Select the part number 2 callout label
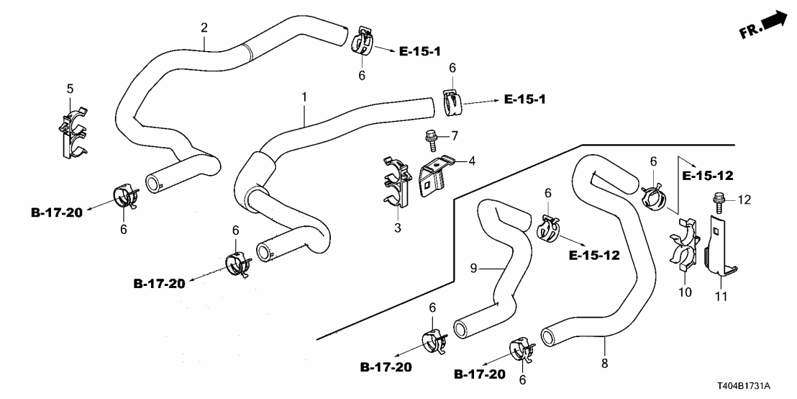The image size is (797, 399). (x=204, y=28)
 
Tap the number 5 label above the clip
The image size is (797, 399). (x=70, y=89)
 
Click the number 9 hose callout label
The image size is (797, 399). (x=474, y=269)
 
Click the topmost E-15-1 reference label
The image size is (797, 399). (x=419, y=50)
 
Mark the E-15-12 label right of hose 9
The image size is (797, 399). (x=594, y=255)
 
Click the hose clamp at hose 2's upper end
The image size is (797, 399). (x=365, y=42)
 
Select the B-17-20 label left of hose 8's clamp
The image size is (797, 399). (x=480, y=375)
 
